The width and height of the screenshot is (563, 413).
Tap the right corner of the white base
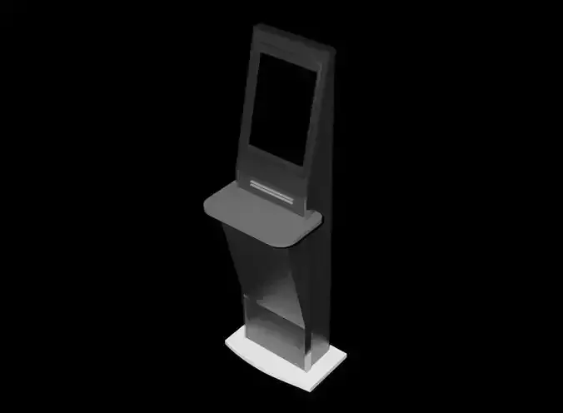click(x=345, y=356)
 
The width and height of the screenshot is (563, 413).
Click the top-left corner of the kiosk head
click(x=255, y=27)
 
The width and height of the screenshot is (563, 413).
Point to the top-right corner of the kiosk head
click(x=335, y=51)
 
